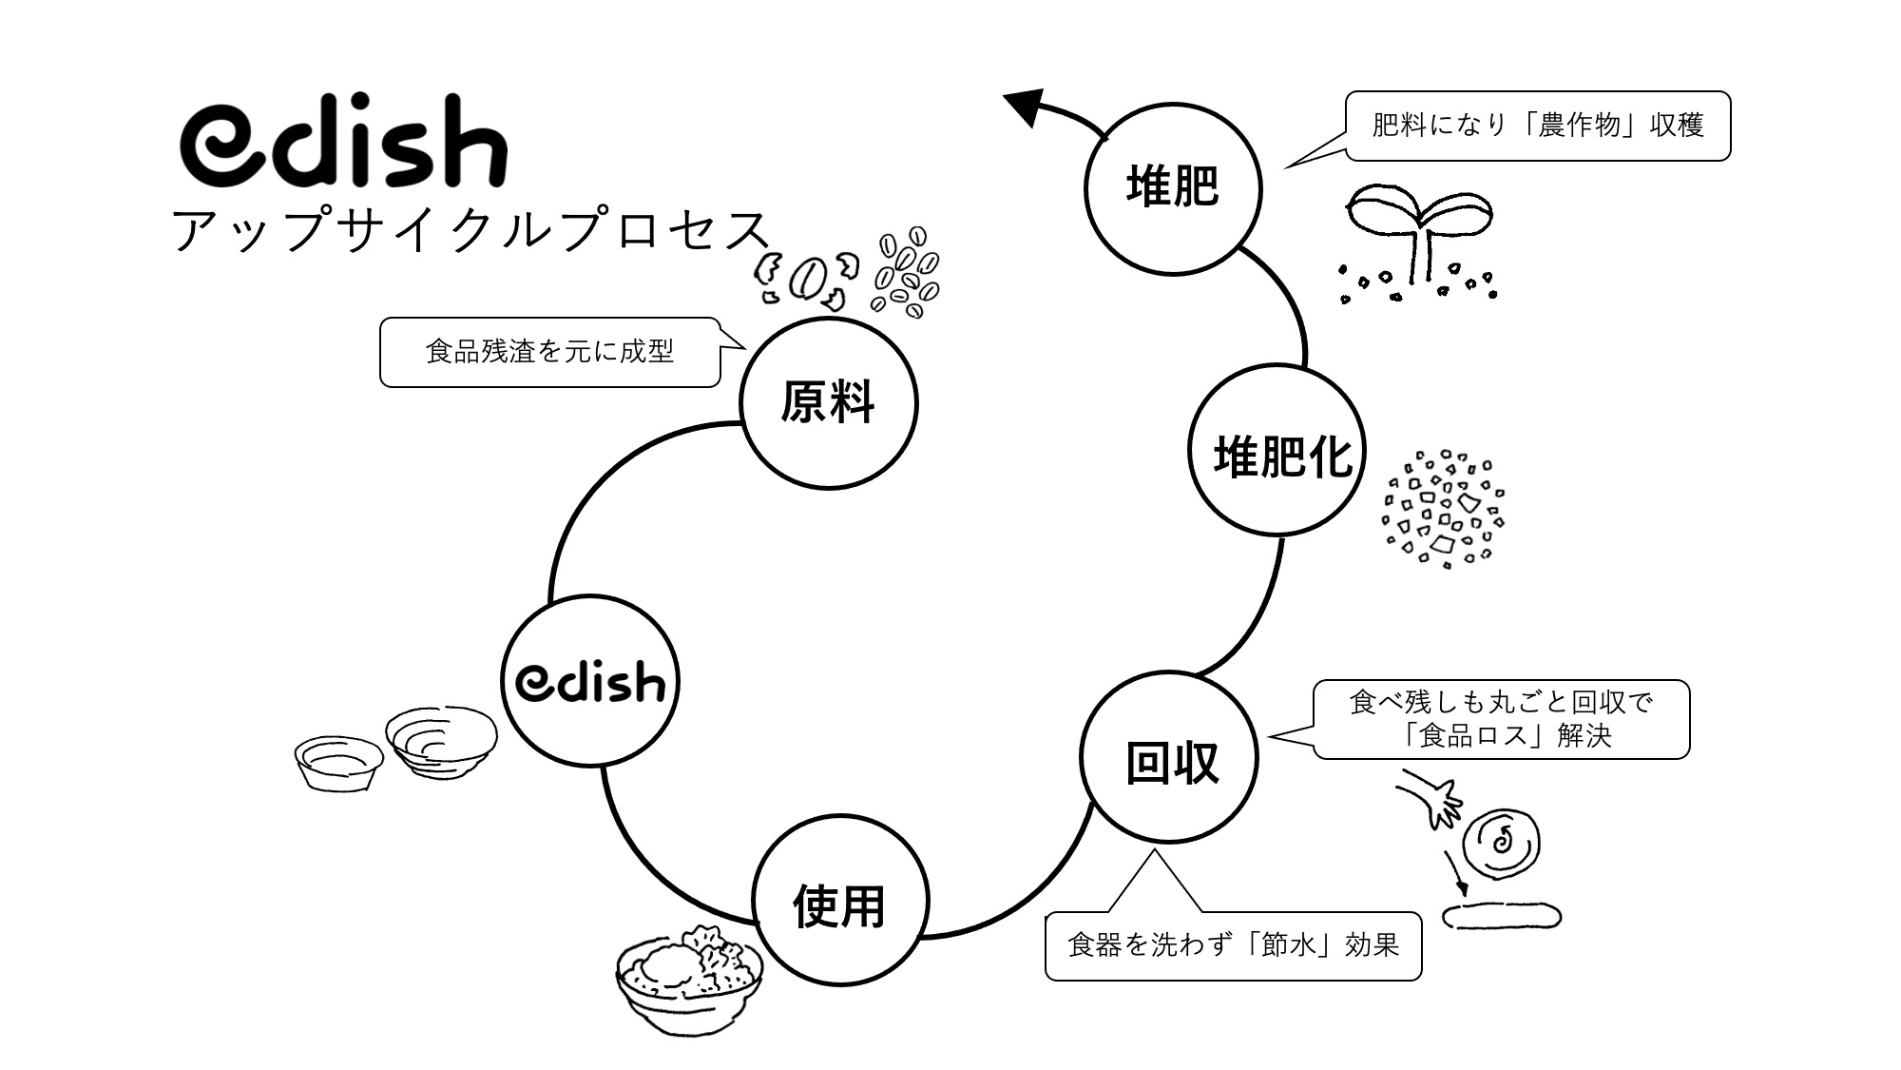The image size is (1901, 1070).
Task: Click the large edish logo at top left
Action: pos(344,143)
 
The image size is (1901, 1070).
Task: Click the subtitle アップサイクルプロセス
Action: pos(470,231)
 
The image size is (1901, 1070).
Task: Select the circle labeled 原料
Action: pos(829,403)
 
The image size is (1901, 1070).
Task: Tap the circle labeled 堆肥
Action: pos(1173,187)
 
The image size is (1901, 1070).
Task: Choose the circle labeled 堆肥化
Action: pos(1277,453)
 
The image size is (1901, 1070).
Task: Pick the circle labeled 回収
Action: pos(1169,759)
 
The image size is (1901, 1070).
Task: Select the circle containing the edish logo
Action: pos(590,680)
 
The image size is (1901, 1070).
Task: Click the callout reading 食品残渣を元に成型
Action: pos(549,352)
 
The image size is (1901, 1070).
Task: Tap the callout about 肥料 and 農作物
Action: pos(1537,126)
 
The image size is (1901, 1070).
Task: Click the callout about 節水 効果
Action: pos(1233,945)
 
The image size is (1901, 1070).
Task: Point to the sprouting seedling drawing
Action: pos(1419,238)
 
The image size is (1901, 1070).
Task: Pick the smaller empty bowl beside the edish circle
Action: pos(338,761)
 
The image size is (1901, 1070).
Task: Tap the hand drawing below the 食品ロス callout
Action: pos(1433,797)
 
